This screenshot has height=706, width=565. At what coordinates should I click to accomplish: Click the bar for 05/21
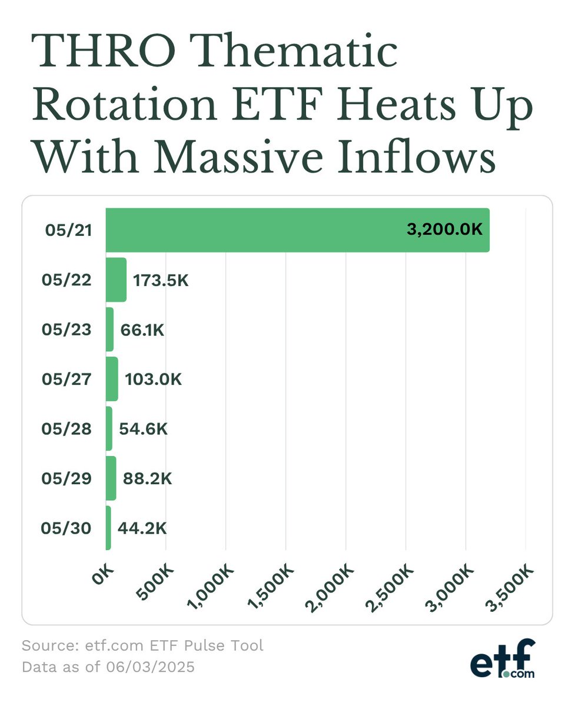click(297, 230)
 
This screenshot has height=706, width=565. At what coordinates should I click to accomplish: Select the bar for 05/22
click(116, 279)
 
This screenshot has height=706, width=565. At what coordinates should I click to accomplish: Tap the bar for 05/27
click(112, 379)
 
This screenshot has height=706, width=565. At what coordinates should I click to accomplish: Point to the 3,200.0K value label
click(444, 229)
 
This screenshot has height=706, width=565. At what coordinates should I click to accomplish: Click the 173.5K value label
click(161, 280)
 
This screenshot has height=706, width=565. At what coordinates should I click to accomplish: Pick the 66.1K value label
click(142, 329)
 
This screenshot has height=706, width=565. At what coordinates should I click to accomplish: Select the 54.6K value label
click(144, 429)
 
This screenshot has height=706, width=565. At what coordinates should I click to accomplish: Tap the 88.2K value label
click(147, 478)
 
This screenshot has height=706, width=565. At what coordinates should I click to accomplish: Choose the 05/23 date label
click(67, 329)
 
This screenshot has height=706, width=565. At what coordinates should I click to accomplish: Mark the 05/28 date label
click(67, 429)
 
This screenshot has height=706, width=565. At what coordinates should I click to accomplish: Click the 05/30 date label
click(67, 528)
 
